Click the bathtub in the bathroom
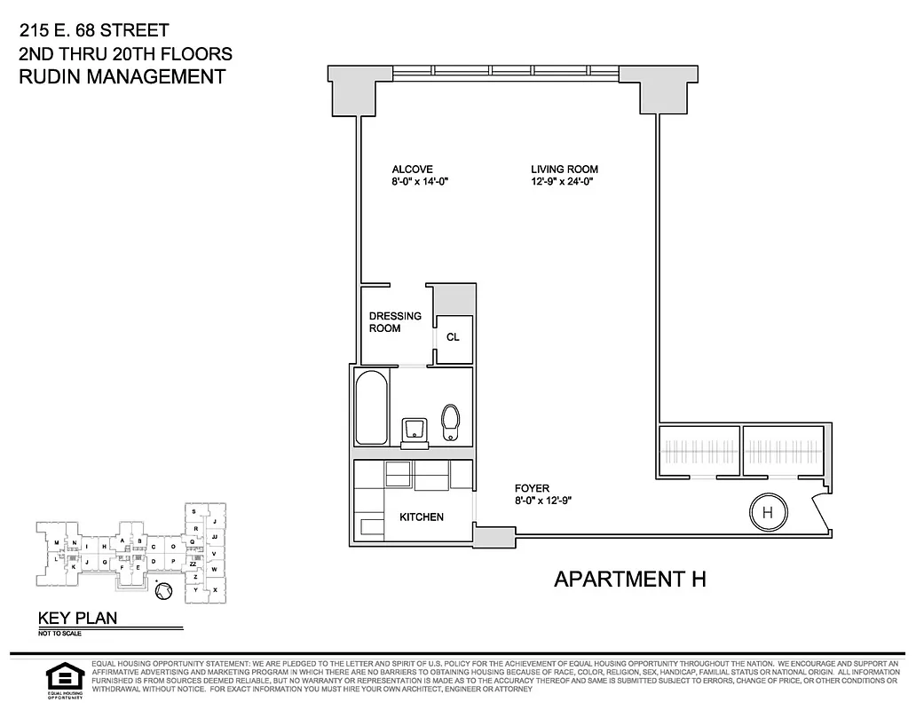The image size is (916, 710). pos(372,408)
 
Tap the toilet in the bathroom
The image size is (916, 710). pos(452,422)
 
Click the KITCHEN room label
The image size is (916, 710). pos(421,517)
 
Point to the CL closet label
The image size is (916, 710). pos(453,337)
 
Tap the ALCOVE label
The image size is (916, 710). pos(412,169)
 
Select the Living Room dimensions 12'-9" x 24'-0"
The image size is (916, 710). pos(561,181)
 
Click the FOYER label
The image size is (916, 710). pos(533,488)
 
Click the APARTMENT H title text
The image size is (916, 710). pos(629,580)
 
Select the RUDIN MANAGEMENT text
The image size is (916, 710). pos(122,76)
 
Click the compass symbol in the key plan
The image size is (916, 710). pos(162,590)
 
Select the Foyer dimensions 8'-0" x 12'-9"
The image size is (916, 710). pos(542,501)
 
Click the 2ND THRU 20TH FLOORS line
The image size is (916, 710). pos(125,54)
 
